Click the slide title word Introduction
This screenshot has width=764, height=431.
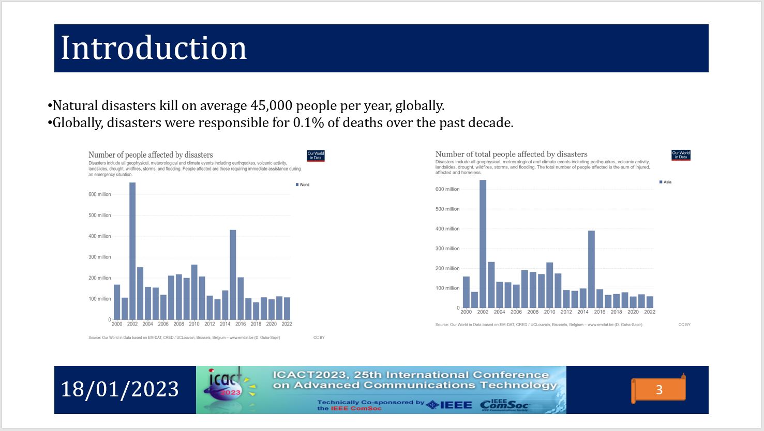tap(154, 48)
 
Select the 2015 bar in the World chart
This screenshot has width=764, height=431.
tap(233, 274)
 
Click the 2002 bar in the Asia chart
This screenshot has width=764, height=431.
tap(483, 244)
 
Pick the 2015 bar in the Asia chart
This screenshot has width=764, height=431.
tap(591, 269)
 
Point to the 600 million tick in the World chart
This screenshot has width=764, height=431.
tap(100, 194)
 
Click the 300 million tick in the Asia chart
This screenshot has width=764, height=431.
tap(447, 249)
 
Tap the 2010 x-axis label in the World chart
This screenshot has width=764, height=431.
tap(194, 324)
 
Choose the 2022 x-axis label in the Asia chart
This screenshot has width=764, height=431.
tap(650, 312)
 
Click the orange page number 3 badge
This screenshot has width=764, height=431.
tap(658, 390)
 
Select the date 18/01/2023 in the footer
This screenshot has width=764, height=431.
tap(120, 389)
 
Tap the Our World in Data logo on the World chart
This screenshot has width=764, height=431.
tap(316, 156)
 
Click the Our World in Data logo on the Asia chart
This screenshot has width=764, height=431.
tap(681, 155)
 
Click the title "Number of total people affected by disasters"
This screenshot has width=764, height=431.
tap(511, 154)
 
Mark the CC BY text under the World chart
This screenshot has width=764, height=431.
tap(319, 337)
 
